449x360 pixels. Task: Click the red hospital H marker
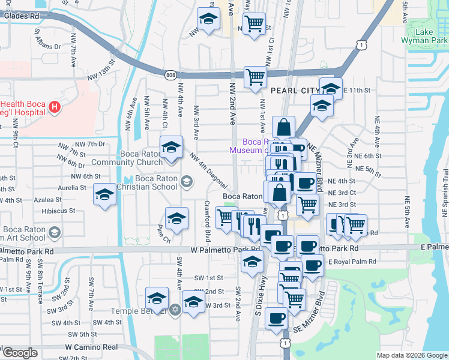(x=55, y=108)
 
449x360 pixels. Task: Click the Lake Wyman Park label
(x=427, y=37)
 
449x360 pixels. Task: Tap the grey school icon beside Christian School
(x=187, y=181)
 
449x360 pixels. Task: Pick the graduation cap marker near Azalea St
(x=104, y=194)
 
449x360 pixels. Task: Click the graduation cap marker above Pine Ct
(x=176, y=219)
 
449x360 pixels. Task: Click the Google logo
(x=20, y=353)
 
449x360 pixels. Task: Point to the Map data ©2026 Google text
(x=412, y=355)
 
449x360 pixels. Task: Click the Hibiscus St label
(x=58, y=211)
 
